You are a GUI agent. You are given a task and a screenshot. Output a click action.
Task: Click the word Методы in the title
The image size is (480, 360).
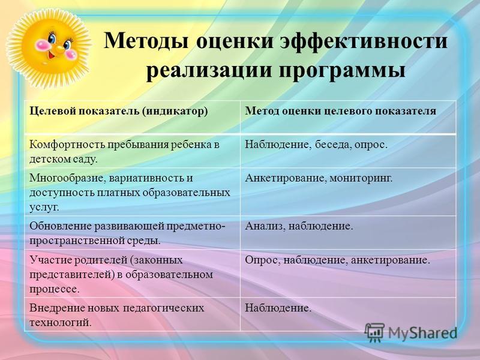(146, 40)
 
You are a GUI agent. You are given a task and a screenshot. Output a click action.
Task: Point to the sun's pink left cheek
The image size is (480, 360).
(42, 45)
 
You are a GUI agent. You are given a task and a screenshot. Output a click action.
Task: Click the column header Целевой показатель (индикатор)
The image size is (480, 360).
(118, 111)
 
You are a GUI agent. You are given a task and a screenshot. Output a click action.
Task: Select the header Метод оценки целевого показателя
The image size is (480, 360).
(340, 111)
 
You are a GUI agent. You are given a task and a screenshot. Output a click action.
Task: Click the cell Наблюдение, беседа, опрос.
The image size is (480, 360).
(316, 145)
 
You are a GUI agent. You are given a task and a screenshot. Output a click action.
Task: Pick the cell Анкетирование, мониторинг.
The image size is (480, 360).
(319, 178)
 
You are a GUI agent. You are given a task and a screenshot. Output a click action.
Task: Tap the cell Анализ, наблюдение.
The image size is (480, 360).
(299, 226)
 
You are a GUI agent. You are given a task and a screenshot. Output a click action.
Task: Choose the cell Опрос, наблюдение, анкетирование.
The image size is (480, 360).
(338, 260)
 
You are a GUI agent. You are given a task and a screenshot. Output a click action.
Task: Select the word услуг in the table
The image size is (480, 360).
(44, 208)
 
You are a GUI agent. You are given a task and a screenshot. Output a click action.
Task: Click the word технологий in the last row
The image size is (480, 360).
(61, 323)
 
